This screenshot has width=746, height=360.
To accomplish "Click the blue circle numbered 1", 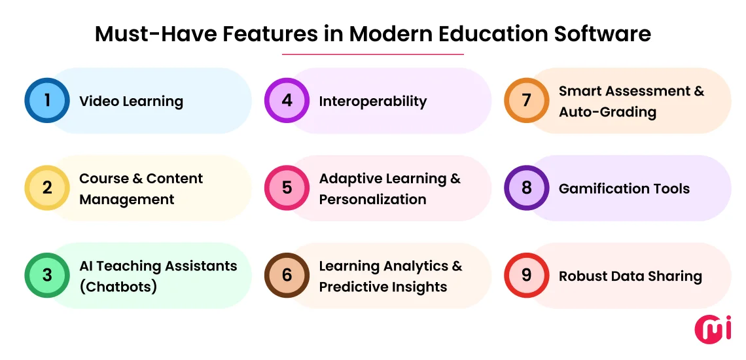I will point(47,101).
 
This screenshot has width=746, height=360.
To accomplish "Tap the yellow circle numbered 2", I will point(47,189).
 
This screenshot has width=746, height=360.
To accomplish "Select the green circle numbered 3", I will point(47,276).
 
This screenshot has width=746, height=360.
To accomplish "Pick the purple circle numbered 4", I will point(287,101).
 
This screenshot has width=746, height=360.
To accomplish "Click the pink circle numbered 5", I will point(287,189).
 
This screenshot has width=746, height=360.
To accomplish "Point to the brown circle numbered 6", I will point(287,276).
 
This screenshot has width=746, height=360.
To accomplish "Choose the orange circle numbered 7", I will point(526,101).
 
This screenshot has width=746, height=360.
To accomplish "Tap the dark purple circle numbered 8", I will point(526,189).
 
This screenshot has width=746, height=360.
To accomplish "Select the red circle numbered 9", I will point(526,276).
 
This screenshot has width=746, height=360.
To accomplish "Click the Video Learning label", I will point(131,101).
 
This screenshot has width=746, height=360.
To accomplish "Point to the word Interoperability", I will point(372,101).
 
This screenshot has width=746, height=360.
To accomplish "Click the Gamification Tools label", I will point(624,189).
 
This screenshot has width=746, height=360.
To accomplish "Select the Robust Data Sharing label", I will point(630,276).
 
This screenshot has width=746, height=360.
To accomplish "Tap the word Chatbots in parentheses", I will point(118,287).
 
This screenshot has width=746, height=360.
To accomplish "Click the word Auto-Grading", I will point(607,112).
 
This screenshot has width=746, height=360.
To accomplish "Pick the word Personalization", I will point(372,200).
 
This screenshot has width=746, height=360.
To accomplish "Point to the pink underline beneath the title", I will point(372,54).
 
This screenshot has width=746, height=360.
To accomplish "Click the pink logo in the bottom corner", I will point(713,328).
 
